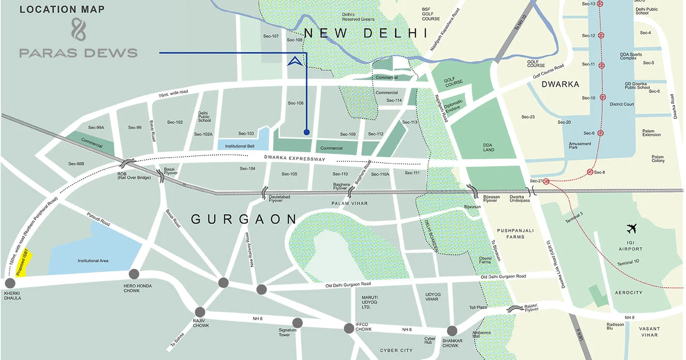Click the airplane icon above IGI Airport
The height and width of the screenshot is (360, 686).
pyautogui.click(x=631, y=228)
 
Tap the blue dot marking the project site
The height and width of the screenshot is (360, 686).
pyautogui.click(x=307, y=132)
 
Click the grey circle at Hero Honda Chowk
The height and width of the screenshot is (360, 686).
pyautogui.click(x=134, y=274)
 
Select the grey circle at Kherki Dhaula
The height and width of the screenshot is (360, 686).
pyautogui.click(x=10, y=283)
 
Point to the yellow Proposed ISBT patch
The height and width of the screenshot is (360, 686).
pyautogui.click(x=24, y=263)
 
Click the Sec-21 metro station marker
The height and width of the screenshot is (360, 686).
pyautogui.click(x=545, y=181)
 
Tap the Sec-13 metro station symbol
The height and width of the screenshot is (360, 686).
pyautogui.click(x=600, y=4)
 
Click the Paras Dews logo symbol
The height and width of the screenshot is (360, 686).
pyautogui.click(x=79, y=29)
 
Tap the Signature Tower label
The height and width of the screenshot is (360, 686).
pyautogui.click(x=288, y=333)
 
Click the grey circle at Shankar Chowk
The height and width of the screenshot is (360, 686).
pyautogui.click(x=452, y=331)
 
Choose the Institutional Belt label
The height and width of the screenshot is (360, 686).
pyautogui.click(x=240, y=146)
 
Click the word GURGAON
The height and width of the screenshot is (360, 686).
pyautogui.click(x=244, y=220)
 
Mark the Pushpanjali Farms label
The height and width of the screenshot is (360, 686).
pyautogui.click(x=511, y=233)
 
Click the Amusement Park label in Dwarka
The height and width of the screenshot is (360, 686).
pyautogui.click(x=580, y=146)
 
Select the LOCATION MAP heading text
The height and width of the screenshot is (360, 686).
pyautogui.click(x=62, y=9)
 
